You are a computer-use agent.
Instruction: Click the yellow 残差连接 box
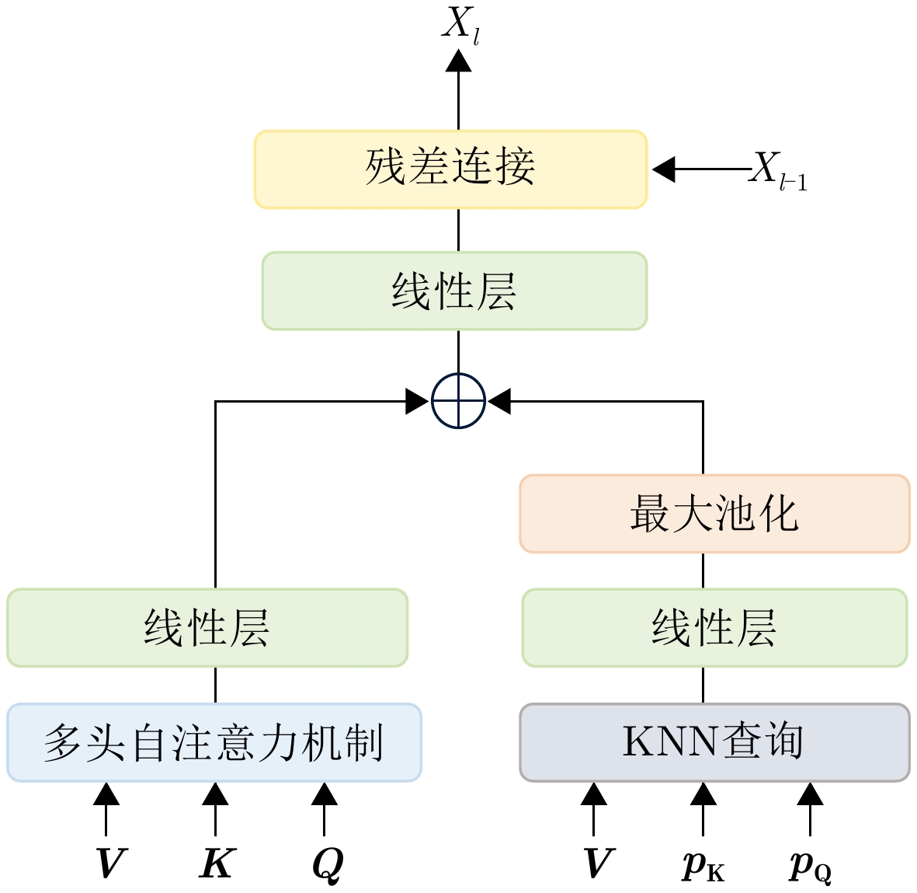point(450,169)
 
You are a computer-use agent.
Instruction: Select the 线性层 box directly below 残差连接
point(454,291)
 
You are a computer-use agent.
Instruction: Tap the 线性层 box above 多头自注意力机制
point(207,627)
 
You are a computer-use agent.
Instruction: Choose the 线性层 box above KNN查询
point(714,627)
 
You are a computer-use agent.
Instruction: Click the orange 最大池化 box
point(714,514)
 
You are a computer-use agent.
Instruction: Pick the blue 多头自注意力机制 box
point(214,742)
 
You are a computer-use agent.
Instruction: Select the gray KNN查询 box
point(714,742)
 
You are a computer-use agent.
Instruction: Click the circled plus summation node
point(458,402)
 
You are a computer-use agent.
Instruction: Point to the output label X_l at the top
point(460,25)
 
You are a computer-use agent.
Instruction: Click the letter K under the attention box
point(216,863)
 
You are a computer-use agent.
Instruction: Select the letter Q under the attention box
point(327,864)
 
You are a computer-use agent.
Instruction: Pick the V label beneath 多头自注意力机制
point(109,863)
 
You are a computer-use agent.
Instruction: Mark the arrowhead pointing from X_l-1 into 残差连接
point(663,169)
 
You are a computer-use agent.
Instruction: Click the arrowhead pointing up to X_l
point(458,61)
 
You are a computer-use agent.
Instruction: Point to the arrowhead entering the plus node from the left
point(417,402)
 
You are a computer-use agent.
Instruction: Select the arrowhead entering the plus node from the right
point(499,402)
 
